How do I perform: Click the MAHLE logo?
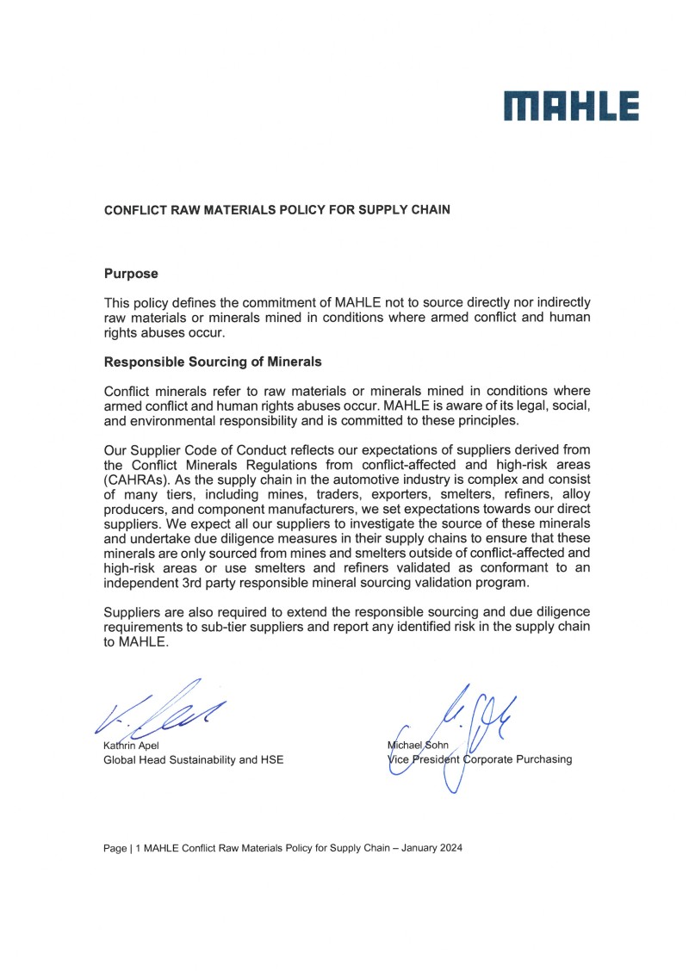click(x=571, y=107)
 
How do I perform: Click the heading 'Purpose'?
click(x=131, y=274)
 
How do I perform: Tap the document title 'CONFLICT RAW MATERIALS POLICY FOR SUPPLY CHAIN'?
click(x=276, y=209)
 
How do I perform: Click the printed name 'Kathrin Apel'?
click(x=132, y=745)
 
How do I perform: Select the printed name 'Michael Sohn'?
click(x=419, y=745)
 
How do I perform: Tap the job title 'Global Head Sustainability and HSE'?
click(x=194, y=759)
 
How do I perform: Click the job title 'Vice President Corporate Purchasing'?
click(x=480, y=759)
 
